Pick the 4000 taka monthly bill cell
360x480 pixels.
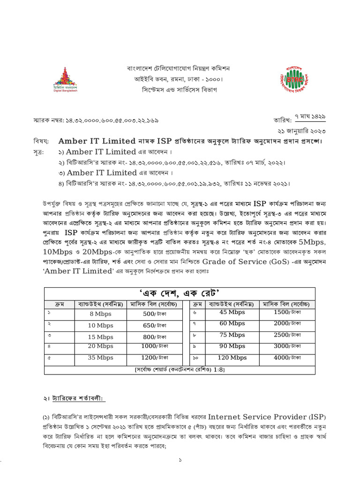(287, 358)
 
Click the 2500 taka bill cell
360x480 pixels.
(287, 335)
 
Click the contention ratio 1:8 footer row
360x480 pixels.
(180, 370)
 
